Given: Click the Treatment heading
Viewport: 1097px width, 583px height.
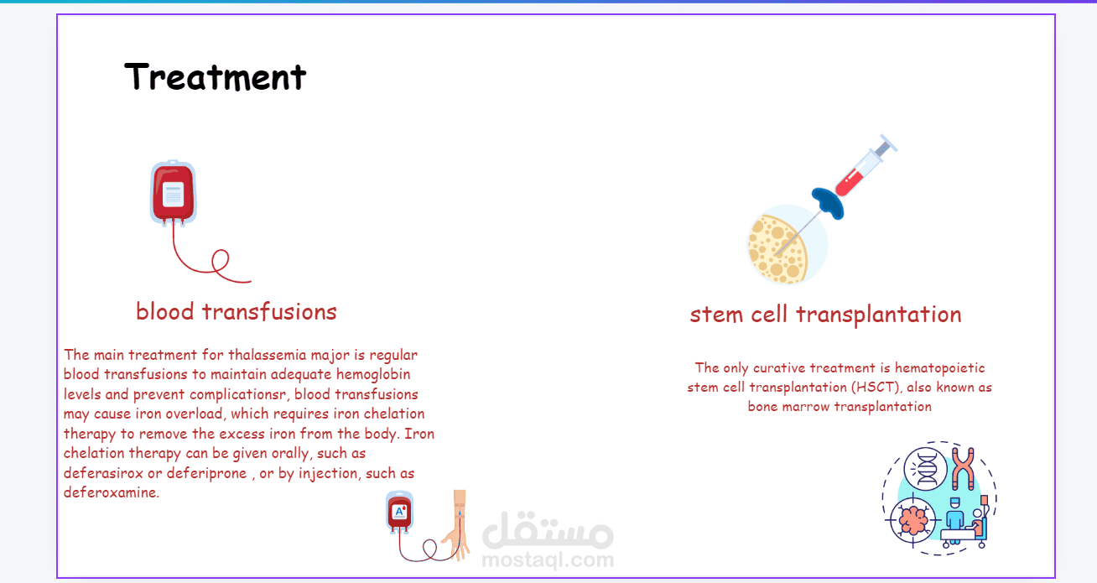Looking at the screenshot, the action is (x=215, y=77).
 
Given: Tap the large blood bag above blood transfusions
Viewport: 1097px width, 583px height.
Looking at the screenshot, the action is (x=173, y=193).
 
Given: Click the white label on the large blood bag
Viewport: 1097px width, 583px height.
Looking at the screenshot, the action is (x=173, y=195).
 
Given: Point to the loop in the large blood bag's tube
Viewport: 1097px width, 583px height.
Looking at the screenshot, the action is (x=220, y=261).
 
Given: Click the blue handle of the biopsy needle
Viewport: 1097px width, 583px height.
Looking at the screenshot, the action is (x=828, y=203).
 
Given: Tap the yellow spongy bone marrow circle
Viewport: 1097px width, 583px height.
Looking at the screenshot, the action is (x=777, y=249).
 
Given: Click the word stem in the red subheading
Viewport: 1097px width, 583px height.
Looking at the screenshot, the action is (x=716, y=315).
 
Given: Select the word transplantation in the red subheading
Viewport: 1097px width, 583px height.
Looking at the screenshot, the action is (x=879, y=315).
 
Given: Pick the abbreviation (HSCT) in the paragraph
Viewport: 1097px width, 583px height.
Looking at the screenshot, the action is (x=876, y=387).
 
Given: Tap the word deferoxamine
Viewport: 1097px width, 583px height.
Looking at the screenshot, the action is (x=112, y=492).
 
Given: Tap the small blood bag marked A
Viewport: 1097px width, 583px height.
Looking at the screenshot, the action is (x=399, y=513).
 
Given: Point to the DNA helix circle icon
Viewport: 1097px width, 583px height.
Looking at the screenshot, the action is (x=925, y=469).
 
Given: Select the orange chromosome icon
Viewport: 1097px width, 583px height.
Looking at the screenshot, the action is (x=963, y=469).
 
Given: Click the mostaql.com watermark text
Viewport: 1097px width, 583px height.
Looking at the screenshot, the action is (x=548, y=560).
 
